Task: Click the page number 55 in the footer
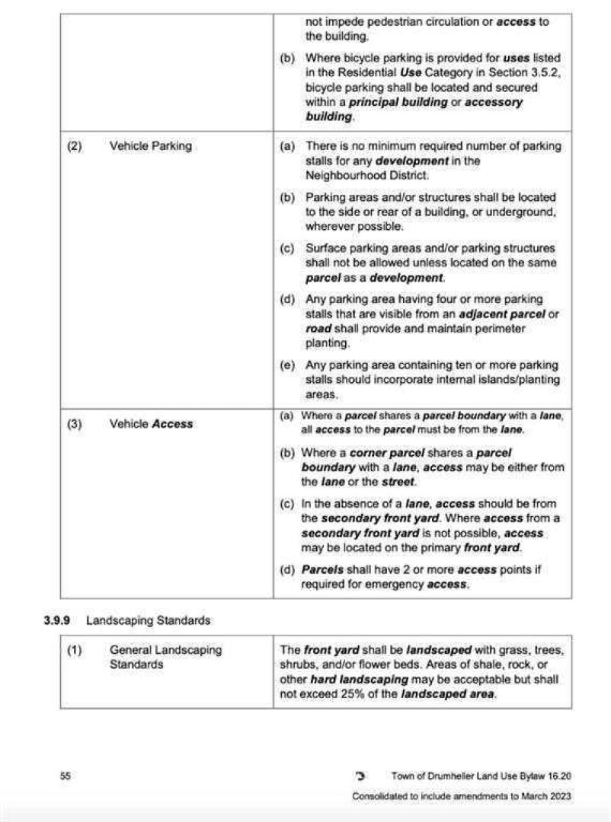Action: (x=66, y=776)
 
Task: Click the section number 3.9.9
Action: (x=57, y=620)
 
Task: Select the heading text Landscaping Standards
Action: (x=148, y=620)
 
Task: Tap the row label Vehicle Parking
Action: (x=150, y=145)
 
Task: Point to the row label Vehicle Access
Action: (x=151, y=424)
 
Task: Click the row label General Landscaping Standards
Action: (x=165, y=657)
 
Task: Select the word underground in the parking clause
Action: (x=525, y=212)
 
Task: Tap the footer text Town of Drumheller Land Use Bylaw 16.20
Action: (x=481, y=776)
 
